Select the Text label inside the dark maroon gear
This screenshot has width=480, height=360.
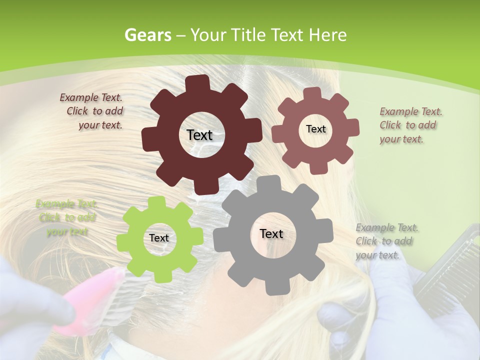point(199,135)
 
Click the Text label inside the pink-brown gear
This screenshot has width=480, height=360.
point(315,129)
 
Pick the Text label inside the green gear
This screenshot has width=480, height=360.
point(159,238)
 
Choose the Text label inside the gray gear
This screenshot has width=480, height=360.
point(271,233)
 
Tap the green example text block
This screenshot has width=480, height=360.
point(66,217)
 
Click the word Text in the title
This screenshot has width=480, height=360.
point(289,35)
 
